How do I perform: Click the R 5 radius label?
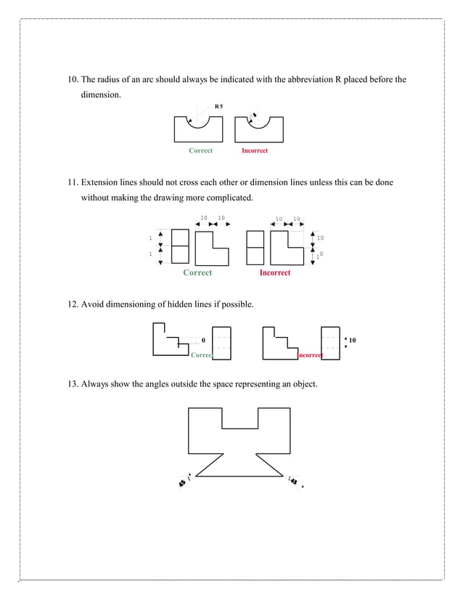tap(218, 106)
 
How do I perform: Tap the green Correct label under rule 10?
tap(200, 150)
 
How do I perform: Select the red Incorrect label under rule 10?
tap(255, 150)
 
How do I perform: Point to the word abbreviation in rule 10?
tap(300, 79)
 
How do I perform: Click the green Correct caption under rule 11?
tap(197, 272)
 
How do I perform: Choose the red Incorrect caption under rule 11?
tap(274, 272)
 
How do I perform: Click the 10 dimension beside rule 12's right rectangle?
tap(352, 340)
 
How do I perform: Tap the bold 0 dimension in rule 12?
tap(203, 340)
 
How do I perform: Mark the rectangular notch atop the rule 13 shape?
tap(239, 418)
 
